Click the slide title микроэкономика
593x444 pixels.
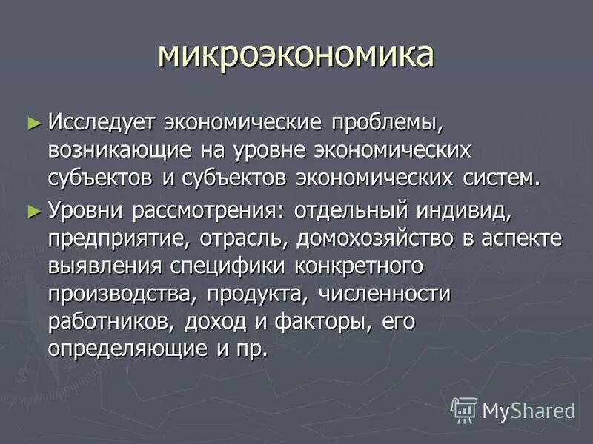tap(296, 55)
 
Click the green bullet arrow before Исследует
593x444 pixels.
tap(33, 122)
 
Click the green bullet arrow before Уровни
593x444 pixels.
tap(33, 212)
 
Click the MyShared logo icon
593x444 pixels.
tap(464, 408)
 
